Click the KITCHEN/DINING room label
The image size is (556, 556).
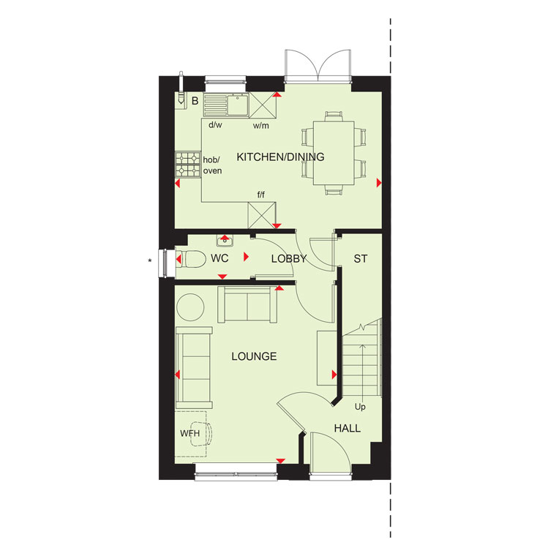coord(280,157)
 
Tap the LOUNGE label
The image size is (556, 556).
coord(254,356)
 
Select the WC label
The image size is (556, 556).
coord(219,258)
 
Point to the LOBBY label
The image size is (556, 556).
coord(289,259)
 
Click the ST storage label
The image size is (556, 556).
coord(361,259)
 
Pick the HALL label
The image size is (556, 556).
coord(347,429)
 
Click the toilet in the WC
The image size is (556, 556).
coord(191,259)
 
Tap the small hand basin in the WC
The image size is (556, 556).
coord(225,241)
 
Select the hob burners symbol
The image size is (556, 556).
coord(188,165)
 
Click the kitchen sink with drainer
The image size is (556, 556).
coord(226,105)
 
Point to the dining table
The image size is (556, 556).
coord(334,153)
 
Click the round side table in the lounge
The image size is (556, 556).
coord(190,307)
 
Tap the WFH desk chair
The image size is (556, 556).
coord(203,433)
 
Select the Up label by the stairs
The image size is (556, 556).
coord(360,407)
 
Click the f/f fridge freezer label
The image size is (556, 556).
coord(261,195)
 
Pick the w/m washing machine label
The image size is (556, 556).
coord(261,126)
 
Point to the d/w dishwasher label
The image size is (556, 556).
coord(215,125)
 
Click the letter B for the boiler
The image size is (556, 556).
coord(195,101)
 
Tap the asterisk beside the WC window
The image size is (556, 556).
coord(150,261)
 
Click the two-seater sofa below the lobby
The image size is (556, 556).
coord(247,304)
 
